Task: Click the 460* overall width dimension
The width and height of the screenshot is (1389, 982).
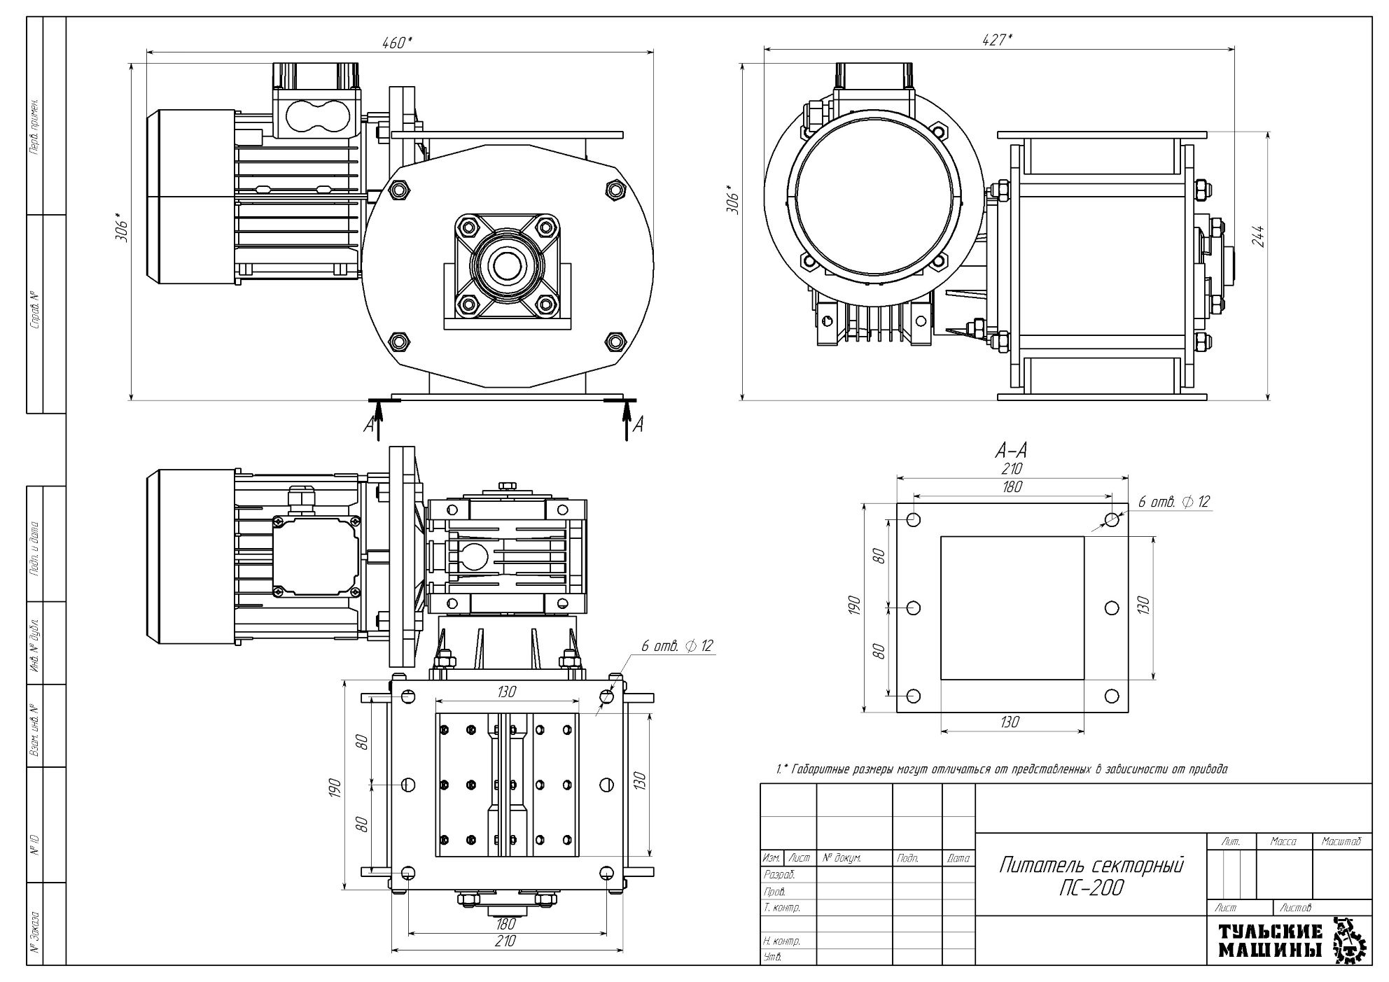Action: click(397, 43)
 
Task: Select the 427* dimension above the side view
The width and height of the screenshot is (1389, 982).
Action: click(996, 40)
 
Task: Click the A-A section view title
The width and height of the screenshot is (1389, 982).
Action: click(1010, 450)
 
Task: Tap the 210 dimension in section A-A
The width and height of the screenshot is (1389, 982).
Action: click(1012, 468)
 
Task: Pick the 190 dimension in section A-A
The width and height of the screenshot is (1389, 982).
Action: click(853, 606)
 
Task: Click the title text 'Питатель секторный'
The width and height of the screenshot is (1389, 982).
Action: click(1091, 866)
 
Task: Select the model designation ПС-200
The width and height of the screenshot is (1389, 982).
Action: click(1091, 888)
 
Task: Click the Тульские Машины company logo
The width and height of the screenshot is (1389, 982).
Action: click(1287, 940)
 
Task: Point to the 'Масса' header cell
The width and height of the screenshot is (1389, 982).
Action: click(1283, 842)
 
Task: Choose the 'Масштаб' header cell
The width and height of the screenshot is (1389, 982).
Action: click(1341, 842)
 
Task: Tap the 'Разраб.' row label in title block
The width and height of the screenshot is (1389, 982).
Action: click(778, 875)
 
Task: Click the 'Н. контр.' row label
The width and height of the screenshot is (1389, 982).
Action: click(781, 941)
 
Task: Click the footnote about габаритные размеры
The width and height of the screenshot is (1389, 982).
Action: click(1002, 769)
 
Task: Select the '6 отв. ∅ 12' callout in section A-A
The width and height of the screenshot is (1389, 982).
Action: click(1174, 502)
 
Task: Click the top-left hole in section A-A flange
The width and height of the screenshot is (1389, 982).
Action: click(914, 520)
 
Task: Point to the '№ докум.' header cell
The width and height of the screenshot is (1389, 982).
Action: click(842, 857)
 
